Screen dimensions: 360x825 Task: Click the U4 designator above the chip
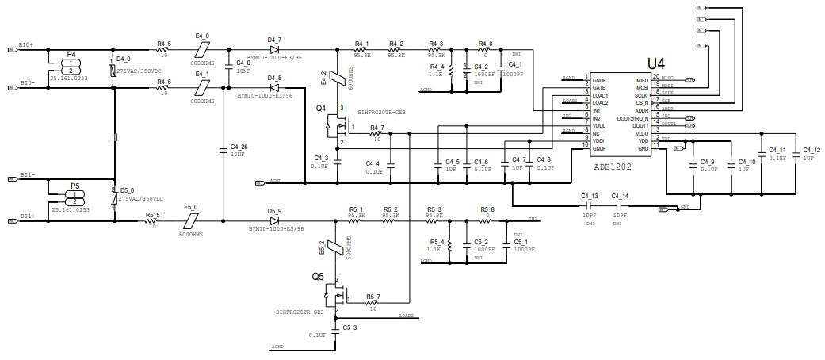(x=656, y=63)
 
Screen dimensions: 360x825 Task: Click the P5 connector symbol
(x=74, y=198)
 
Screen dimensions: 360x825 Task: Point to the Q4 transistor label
(x=320, y=107)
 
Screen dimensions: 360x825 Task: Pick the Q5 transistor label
(x=317, y=277)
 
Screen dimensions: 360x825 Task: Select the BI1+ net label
(x=27, y=216)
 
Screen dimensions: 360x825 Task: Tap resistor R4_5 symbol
(x=164, y=49)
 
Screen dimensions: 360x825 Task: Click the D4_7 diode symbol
(x=275, y=49)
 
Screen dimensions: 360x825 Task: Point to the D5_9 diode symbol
(x=275, y=220)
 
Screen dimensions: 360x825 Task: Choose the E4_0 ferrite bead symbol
(x=202, y=49)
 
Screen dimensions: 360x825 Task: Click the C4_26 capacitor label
(x=239, y=147)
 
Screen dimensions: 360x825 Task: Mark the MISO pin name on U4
(x=642, y=79)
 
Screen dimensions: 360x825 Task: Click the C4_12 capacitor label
(x=811, y=150)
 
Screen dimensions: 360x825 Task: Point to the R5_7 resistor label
(x=372, y=297)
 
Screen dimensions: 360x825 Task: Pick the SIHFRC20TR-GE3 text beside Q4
(x=381, y=113)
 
